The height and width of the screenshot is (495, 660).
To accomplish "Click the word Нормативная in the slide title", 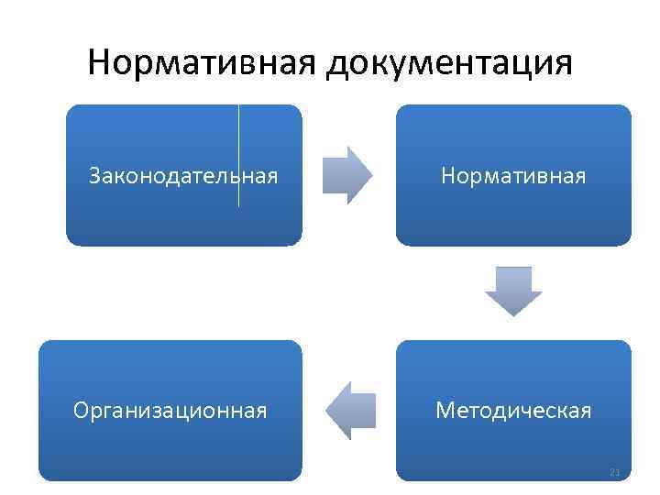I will [203, 63].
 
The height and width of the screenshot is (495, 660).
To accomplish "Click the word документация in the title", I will [450, 64].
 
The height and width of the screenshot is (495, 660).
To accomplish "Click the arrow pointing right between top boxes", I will [348, 174].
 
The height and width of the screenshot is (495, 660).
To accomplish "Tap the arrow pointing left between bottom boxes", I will [350, 410].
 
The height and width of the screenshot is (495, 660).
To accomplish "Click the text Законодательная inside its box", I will [183, 175].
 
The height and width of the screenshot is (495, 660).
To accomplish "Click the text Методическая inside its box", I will [513, 410].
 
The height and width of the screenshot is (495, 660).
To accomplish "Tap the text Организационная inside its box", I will [170, 410].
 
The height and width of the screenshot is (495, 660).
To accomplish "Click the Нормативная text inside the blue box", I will [513, 175].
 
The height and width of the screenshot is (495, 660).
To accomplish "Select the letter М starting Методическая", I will [445, 410].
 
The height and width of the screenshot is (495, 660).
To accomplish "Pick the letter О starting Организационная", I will [81, 410].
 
